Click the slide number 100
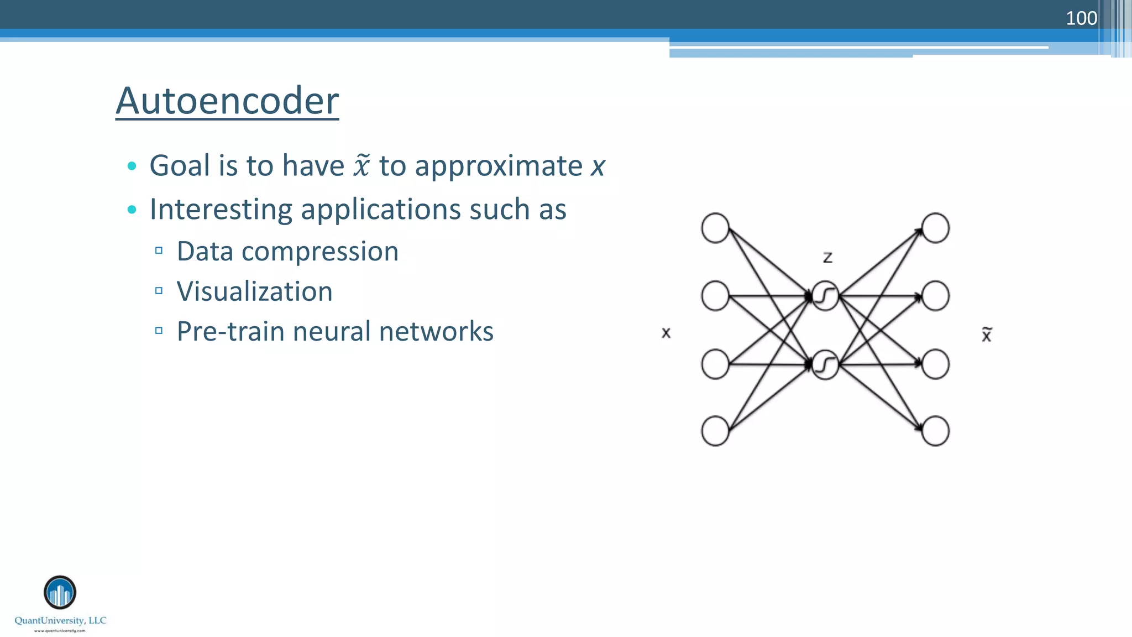coord(1081,18)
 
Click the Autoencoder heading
coord(227,101)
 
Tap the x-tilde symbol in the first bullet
coord(361,165)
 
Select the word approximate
coord(499,166)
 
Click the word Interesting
coord(221,209)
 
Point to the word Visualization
coord(255,291)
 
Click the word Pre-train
coord(230,331)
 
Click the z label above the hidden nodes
coord(827,257)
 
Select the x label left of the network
coord(666,333)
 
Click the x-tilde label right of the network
coord(987,335)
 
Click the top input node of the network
coord(715,228)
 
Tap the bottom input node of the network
coord(715,431)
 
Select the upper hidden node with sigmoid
coord(825,296)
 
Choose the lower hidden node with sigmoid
coord(825,364)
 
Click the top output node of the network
coord(935,228)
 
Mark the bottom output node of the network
coord(935,431)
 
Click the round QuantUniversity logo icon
coord(60,592)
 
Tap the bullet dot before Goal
coord(132,166)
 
